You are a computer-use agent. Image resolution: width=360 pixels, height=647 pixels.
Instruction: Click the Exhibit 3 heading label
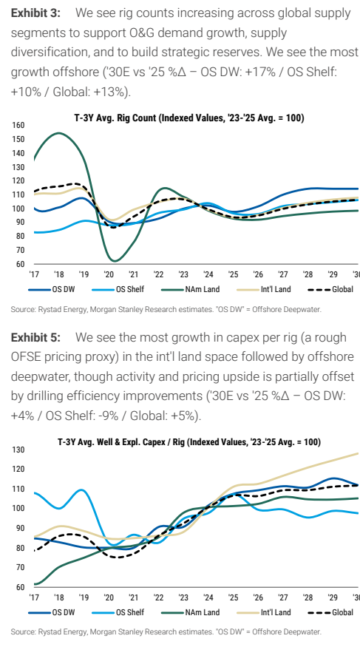point(35,13)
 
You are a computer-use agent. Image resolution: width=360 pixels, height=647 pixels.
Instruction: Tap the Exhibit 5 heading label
point(35,337)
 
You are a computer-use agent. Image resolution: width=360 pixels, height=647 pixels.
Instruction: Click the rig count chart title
point(189,118)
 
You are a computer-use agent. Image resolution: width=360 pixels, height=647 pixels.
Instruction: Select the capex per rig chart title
point(189,441)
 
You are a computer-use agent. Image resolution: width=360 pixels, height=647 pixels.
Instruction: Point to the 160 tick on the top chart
point(18,125)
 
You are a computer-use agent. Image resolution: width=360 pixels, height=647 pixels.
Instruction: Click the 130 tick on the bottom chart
point(18,450)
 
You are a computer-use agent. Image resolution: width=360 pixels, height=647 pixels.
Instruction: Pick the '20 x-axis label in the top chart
point(109,274)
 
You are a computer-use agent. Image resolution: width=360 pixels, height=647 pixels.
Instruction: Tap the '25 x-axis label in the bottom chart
point(233,597)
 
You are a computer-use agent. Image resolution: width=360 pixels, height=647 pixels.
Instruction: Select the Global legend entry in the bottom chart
point(330,612)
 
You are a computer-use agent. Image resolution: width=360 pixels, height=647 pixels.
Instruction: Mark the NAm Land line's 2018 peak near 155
point(59,133)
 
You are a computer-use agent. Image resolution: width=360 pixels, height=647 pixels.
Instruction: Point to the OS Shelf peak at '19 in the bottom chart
point(81,490)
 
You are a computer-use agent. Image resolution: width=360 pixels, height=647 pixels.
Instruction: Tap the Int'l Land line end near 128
point(358,453)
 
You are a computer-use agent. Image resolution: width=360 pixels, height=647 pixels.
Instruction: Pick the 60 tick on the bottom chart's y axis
point(20,587)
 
